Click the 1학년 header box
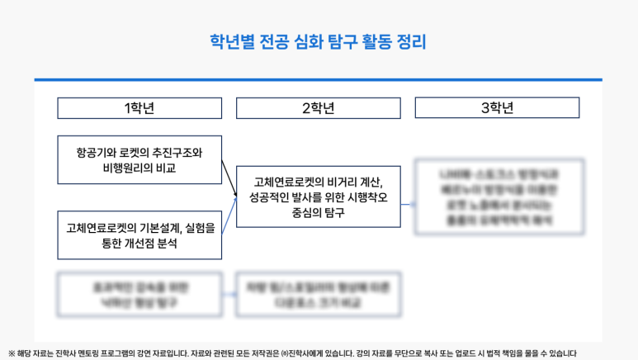point(139,108)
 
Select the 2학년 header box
point(318,108)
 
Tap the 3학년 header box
point(497,108)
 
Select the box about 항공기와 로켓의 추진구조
point(139,159)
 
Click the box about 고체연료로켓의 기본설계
point(139,235)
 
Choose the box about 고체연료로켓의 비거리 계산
point(318,197)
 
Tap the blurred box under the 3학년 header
point(500,197)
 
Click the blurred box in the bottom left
point(139,296)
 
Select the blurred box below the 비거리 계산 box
point(318,296)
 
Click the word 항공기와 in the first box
point(92,153)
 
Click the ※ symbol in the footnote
point(10,353)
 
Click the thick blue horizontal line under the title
point(318,80)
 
